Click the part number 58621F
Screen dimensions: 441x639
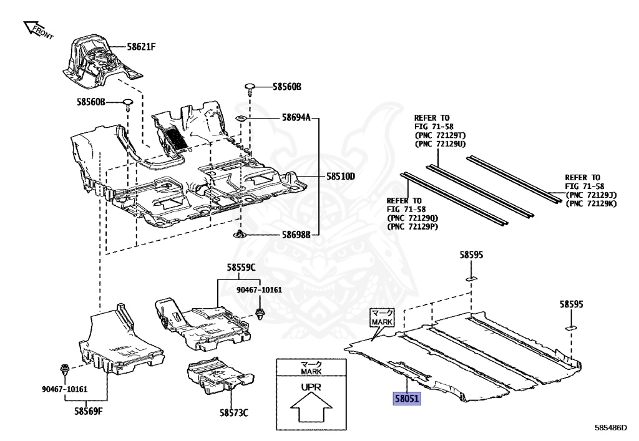click(x=141, y=46)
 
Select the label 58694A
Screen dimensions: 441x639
click(x=296, y=117)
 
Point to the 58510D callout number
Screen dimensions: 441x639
click(x=340, y=177)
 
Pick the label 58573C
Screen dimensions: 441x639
click(x=233, y=412)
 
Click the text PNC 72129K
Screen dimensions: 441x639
click(x=590, y=204)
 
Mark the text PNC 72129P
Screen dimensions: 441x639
click(x=412, y=226)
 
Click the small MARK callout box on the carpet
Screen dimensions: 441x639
click(x=383, y=317)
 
